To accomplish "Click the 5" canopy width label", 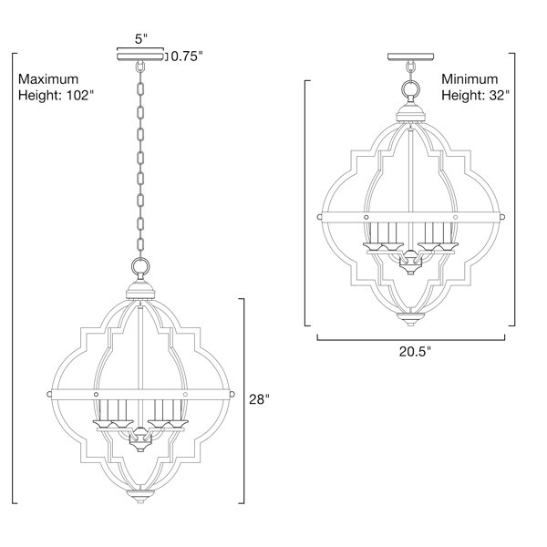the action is pyautogui.click(x=141, y=38).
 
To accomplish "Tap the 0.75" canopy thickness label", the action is pyautogui.click(x=187, y=57).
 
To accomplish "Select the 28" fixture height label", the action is pyautogui.click(x=259, y=399).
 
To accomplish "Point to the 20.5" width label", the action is pyautogui.click(x=415, y=351).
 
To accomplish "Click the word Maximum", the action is pyautogui.click(x=48, y=79).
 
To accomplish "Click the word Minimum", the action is pyautogui.click(x=470, y=79).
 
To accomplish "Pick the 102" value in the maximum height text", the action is pyautogui.click(x=80, y=95).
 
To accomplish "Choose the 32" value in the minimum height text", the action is pyautogui.click(x=500, y=95).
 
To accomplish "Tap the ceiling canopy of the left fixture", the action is pyautogui.click(x=140, y=57).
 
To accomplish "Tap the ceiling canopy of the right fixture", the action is pyautogui.click(x=411, y=57).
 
